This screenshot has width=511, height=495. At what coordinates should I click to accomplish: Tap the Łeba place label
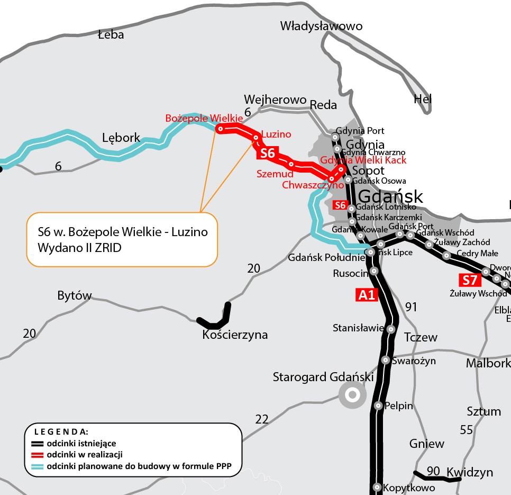[111, 35]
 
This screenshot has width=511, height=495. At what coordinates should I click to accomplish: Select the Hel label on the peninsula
[423, 99]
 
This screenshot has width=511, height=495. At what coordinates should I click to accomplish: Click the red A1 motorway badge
[367, 295]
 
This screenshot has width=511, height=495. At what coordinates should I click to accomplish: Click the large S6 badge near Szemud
[268, 154]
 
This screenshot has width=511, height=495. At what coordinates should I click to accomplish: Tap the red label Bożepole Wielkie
[204, 118]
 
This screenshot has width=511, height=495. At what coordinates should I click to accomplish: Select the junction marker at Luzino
[256, 138]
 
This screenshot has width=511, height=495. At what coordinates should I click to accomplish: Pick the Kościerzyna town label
[235, 335]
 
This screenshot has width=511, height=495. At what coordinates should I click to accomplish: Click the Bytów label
[75, 296]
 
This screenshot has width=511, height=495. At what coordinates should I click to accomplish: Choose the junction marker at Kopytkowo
[377, 487]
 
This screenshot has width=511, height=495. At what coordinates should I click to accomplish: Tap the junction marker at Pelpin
[378, 406]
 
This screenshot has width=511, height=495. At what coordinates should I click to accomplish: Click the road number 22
[262, 419]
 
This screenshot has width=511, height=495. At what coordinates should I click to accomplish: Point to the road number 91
[412, 307]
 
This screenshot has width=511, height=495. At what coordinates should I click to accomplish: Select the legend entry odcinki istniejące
[81, 443]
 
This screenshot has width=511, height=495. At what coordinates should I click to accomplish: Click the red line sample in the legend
[36, 455]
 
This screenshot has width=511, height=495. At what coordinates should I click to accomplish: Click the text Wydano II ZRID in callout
[79, 247]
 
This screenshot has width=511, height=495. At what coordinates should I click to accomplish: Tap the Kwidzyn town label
[470, 472]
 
